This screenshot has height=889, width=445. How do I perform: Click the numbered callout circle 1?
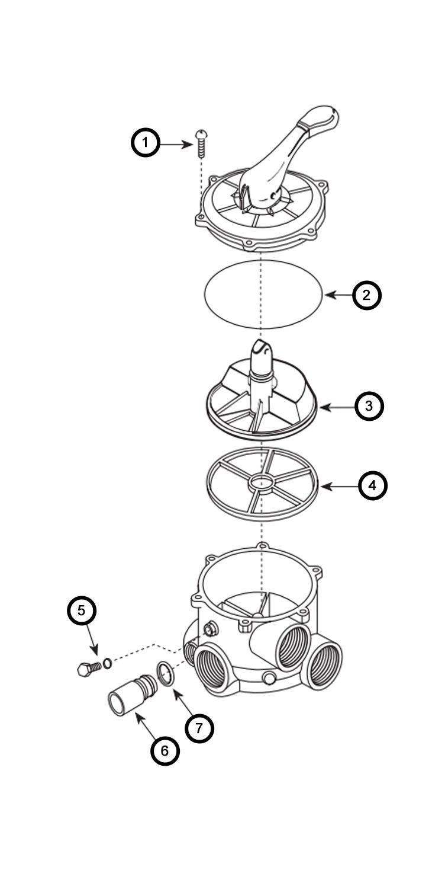(146, 143)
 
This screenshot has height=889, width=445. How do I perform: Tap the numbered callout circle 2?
(367, 295)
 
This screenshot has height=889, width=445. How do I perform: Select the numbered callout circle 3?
(369, 406)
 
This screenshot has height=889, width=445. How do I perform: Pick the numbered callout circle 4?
(372, 485)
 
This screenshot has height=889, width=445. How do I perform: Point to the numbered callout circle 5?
(82, 611)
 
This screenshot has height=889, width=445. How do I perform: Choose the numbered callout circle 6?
(165, 750)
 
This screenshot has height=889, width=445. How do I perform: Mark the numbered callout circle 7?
(199, 728)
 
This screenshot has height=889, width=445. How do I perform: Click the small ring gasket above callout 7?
(166, 674)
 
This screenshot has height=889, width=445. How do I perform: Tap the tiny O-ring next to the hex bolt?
(108, 663)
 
